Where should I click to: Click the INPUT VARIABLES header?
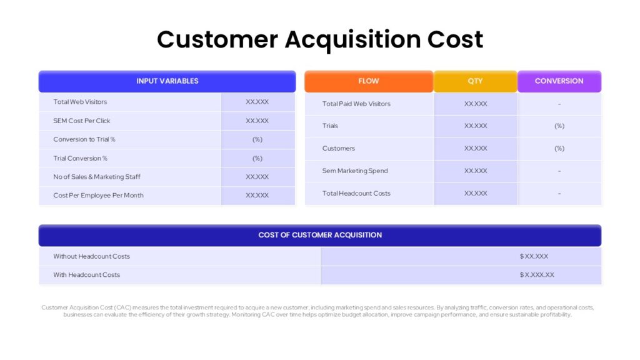click(x=167, y=81)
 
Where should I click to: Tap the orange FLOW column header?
click(x=369, y=81)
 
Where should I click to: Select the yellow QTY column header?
click(x=475, y=81)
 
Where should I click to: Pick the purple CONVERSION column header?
click(x=559, y=81)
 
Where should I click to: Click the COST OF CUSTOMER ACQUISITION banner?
click(x=320, y=235)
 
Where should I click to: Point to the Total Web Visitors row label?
click(x=80, y=102)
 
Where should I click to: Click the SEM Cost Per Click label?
click(x=82, y=121)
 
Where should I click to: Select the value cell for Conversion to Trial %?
click(x=257, y=139)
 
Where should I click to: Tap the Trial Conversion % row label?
click(x=81, y=158)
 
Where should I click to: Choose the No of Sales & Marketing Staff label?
click(x=97, y=177)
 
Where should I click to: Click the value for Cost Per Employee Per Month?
click(x=257, y=196)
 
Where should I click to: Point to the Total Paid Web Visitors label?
click(x=356, y=104)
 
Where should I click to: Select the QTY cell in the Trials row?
click(x=476, y=126)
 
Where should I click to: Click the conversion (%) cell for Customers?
click(x=559, y=149)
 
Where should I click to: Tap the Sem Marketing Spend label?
click(x=355, y=171)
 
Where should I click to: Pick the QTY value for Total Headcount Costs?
click(x=476, y=194)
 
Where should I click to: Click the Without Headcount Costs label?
click(x=91, y=256)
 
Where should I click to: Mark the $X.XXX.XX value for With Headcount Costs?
click(x=537, y=275)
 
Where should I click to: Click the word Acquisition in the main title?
click(x=352, y=39)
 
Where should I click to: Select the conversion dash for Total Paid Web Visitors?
click(x=559, y=104)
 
